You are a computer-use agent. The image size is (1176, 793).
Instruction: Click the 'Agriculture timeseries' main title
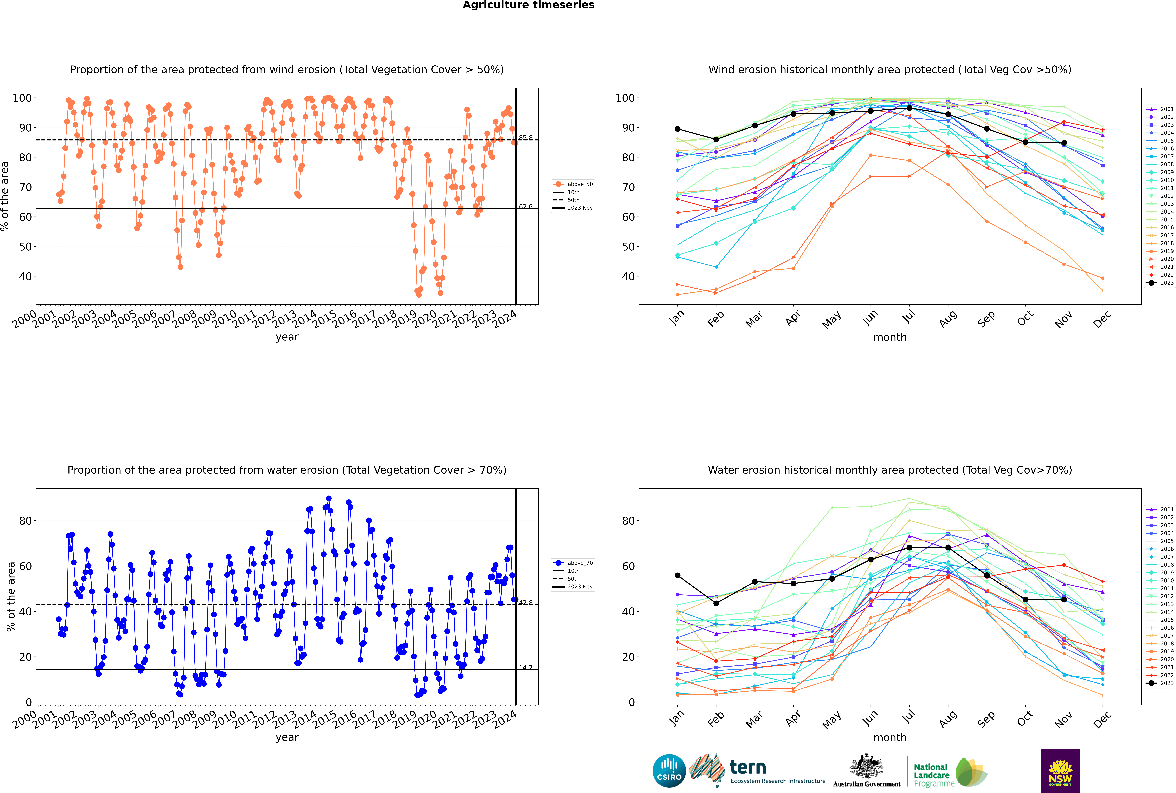528,5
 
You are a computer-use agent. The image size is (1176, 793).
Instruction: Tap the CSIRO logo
669,771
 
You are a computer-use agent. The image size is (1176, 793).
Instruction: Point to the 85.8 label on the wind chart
525,138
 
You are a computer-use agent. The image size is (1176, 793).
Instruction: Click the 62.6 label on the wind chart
525,206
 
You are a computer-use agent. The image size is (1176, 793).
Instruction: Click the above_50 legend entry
573,184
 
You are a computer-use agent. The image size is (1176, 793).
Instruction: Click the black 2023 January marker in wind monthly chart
678,129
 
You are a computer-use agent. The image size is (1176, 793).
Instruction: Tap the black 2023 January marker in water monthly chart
678,575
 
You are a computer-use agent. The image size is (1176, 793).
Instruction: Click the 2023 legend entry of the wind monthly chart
1160,283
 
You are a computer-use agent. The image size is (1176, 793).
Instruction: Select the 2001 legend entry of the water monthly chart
1160,509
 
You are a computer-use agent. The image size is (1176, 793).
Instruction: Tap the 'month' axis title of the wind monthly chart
890,337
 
